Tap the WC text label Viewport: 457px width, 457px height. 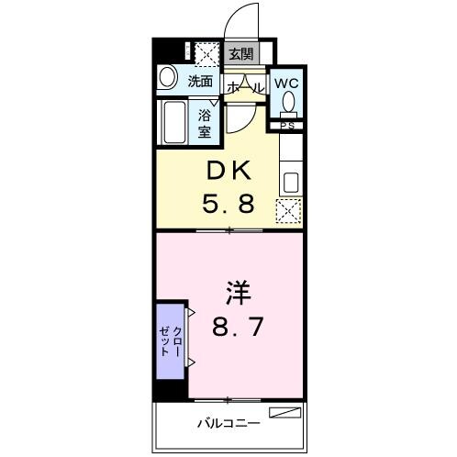pyautogui.click(x=286, y=81)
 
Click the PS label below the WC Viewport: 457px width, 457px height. pyautogui.click(x=287, y=125)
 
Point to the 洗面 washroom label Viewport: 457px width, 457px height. pyautogui.click(x=199, y=81)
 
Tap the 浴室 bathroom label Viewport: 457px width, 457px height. pyautogui.click(x=206, y=122)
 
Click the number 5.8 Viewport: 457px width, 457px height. pyautogui.click(x=228, y=203)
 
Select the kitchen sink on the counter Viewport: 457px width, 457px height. pyautogui.click(x=293, y=180)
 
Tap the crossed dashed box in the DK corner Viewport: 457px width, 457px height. pyautogui.click(x=290, y=212)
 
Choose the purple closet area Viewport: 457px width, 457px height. pyautogui.click(x=170, y=340)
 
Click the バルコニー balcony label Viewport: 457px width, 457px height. pyautogui.click(x=228, y=423)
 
